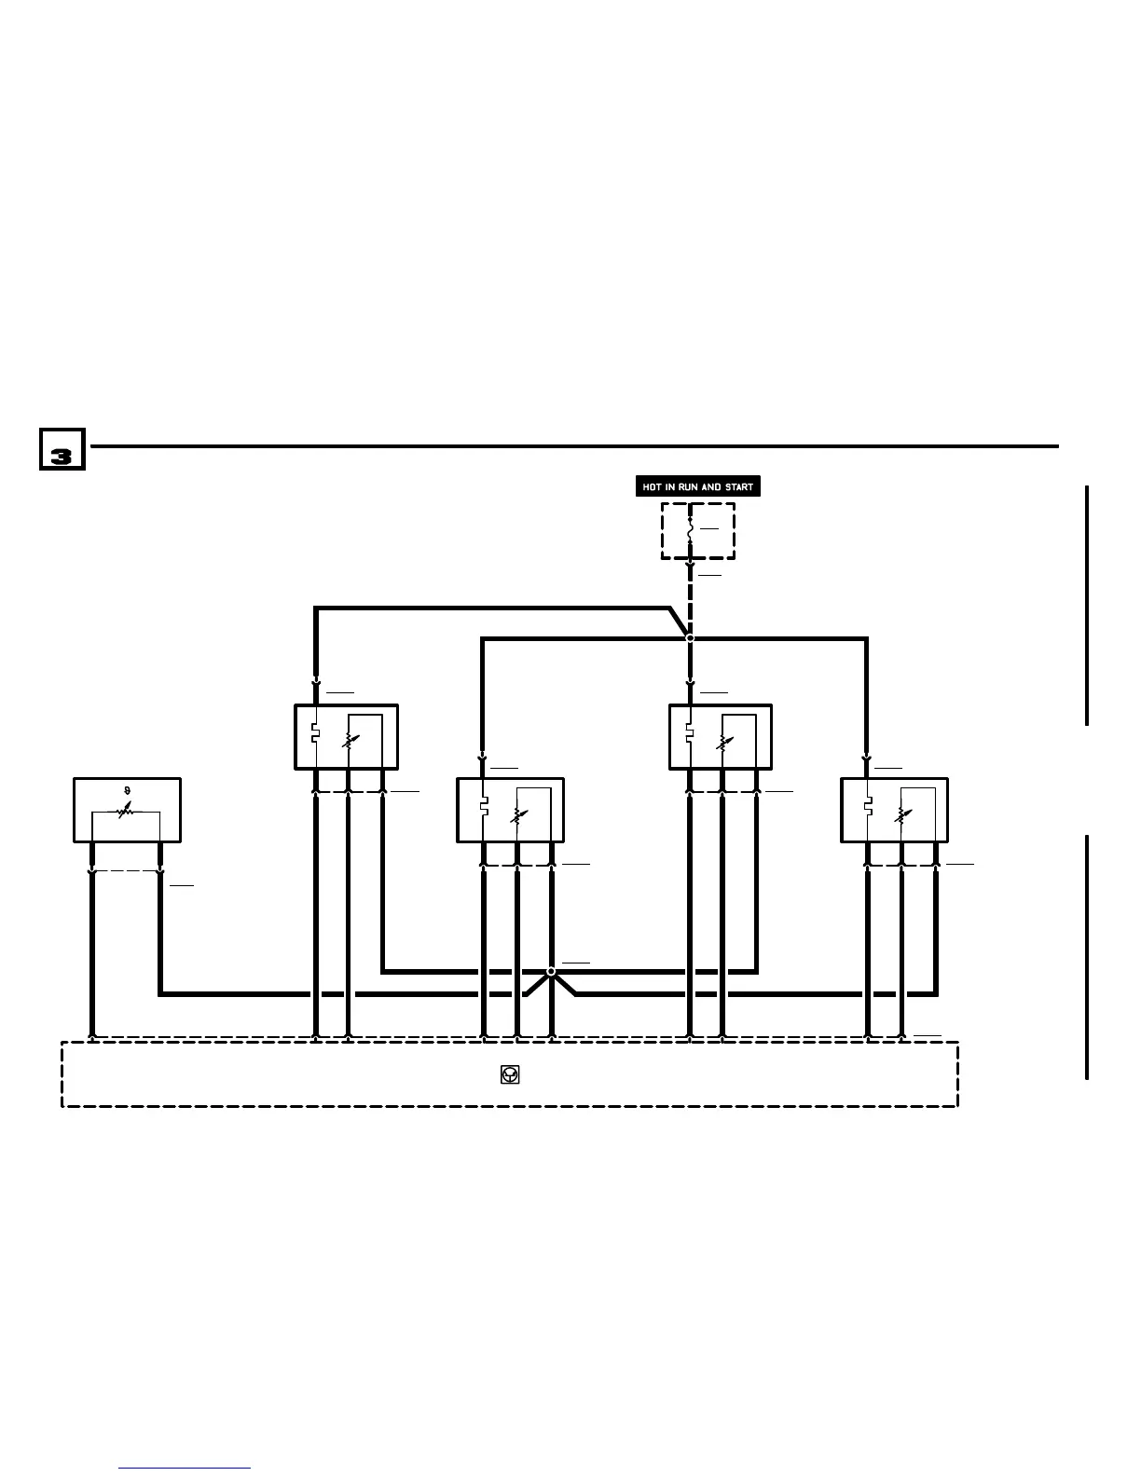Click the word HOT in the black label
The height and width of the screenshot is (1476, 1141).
(652, 486)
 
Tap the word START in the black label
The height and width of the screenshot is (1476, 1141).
(739, 486)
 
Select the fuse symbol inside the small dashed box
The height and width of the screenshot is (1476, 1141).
(690, 529)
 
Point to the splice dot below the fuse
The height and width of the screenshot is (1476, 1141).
(690, 638)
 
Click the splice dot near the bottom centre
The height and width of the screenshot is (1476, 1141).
(551, 971)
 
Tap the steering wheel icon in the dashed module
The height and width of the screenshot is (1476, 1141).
(510, 1074)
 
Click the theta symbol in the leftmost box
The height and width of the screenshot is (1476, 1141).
(127, 791)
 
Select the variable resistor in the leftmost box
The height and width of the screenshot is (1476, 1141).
(126, 811)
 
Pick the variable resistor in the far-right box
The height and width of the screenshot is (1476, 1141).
(900, 815)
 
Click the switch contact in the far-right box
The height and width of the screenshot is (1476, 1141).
(868, 805)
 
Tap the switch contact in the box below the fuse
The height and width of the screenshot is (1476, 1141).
(690, 732)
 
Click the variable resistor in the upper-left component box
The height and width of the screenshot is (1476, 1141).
(349, 743)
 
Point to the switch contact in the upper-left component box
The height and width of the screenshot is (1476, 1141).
(316, 732)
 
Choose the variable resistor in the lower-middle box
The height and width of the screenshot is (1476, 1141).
(517, 815)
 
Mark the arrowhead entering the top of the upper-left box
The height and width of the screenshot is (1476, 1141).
(316, 682)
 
